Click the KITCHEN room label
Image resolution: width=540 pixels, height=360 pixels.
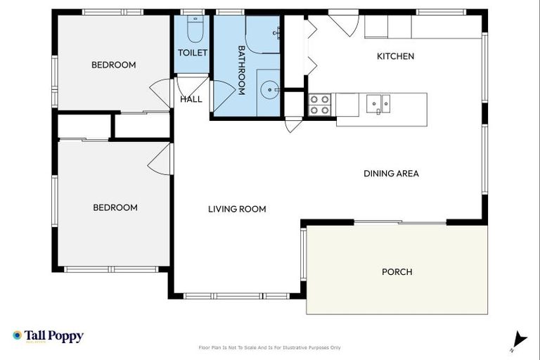[x=395, y=56]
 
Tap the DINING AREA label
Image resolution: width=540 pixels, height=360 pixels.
[x=391, y=174]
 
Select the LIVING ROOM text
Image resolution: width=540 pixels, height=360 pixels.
[x=237, y=209]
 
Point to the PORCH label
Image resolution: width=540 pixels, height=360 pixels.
[x=397, y=272]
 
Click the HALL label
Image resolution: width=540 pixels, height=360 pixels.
[x=191, y=99]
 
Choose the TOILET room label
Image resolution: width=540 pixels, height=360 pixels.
[x=192, y=53]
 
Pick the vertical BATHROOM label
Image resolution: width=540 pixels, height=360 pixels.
[x=240, y=70]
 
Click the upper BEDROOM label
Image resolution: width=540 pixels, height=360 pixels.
[x=113, y=65]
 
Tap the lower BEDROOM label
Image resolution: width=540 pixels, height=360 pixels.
[x=115, y=207]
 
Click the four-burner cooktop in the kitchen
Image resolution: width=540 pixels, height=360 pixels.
[x=320, y=105]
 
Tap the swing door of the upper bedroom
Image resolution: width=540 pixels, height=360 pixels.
[x=160, y=94]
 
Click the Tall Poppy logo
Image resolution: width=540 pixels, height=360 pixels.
[x=48, y=336]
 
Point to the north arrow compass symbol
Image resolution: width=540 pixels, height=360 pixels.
[x=518, y=340]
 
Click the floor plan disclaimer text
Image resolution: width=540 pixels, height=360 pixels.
[x=270, y=347]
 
